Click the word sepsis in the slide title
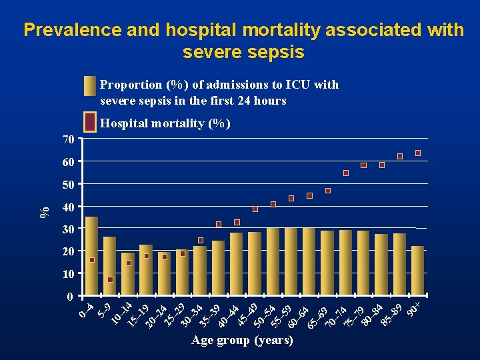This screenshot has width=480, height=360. coord(273,52)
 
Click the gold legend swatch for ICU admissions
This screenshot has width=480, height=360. coord(91,87)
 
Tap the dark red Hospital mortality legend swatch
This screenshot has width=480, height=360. coord(91,123)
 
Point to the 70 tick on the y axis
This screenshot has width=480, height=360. coord(67,139)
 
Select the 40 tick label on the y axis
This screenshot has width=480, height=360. coord(67,207)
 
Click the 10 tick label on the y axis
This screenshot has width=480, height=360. coord(67,274)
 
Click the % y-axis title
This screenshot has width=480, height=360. coord(45,211)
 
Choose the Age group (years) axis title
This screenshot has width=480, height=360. coord(242,340)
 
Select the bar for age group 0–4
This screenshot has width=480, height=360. coord(92,256)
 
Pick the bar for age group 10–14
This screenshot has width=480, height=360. coord(128,273)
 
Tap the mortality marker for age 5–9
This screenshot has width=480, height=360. coord(110,279)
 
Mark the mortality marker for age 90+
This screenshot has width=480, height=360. coord(418,153)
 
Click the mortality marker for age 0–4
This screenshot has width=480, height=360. coord(92,260)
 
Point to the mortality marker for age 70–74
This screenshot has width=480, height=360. coord(346,173)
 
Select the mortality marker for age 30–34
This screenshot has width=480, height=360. coord(201,240)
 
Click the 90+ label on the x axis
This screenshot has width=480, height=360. coord(415,310)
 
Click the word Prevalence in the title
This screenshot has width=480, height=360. coord(73,30)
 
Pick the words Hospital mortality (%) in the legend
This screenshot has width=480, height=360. coord(165,123)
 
